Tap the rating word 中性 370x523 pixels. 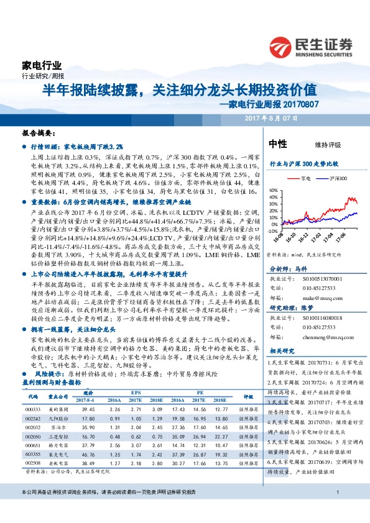pos(277,144)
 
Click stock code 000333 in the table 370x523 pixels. pos(33,408)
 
